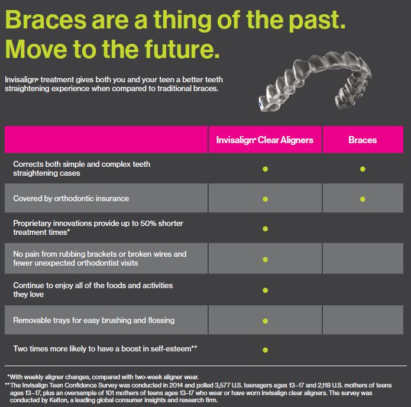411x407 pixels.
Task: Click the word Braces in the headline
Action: (x=46, y=20)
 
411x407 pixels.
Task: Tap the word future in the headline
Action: (x=182, y=49)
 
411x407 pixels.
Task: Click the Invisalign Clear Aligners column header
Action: (x=265, y=140)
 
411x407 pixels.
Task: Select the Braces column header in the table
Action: (x=363, y=140)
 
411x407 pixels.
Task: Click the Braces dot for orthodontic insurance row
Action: (x=363, y=199)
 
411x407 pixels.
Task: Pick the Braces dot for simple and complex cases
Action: (x=363, y=169)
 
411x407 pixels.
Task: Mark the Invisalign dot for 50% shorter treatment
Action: (x=266, y=229)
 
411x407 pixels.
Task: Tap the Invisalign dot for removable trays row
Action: (x=266, y=321)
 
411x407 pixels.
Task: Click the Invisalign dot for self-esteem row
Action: (x=266, y=350)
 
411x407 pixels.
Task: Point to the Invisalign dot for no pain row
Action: (x=266, y=259)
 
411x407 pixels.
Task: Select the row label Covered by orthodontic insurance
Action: (x=71, y=199)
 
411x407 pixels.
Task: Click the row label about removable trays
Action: (x=94, y=320)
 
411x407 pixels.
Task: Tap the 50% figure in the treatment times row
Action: (x=148, y=223)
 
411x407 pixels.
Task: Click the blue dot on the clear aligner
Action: (x=260, y=104)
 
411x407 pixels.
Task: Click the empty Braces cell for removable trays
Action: (x=363, y=319)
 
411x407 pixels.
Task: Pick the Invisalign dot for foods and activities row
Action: (x=266, y=290)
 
